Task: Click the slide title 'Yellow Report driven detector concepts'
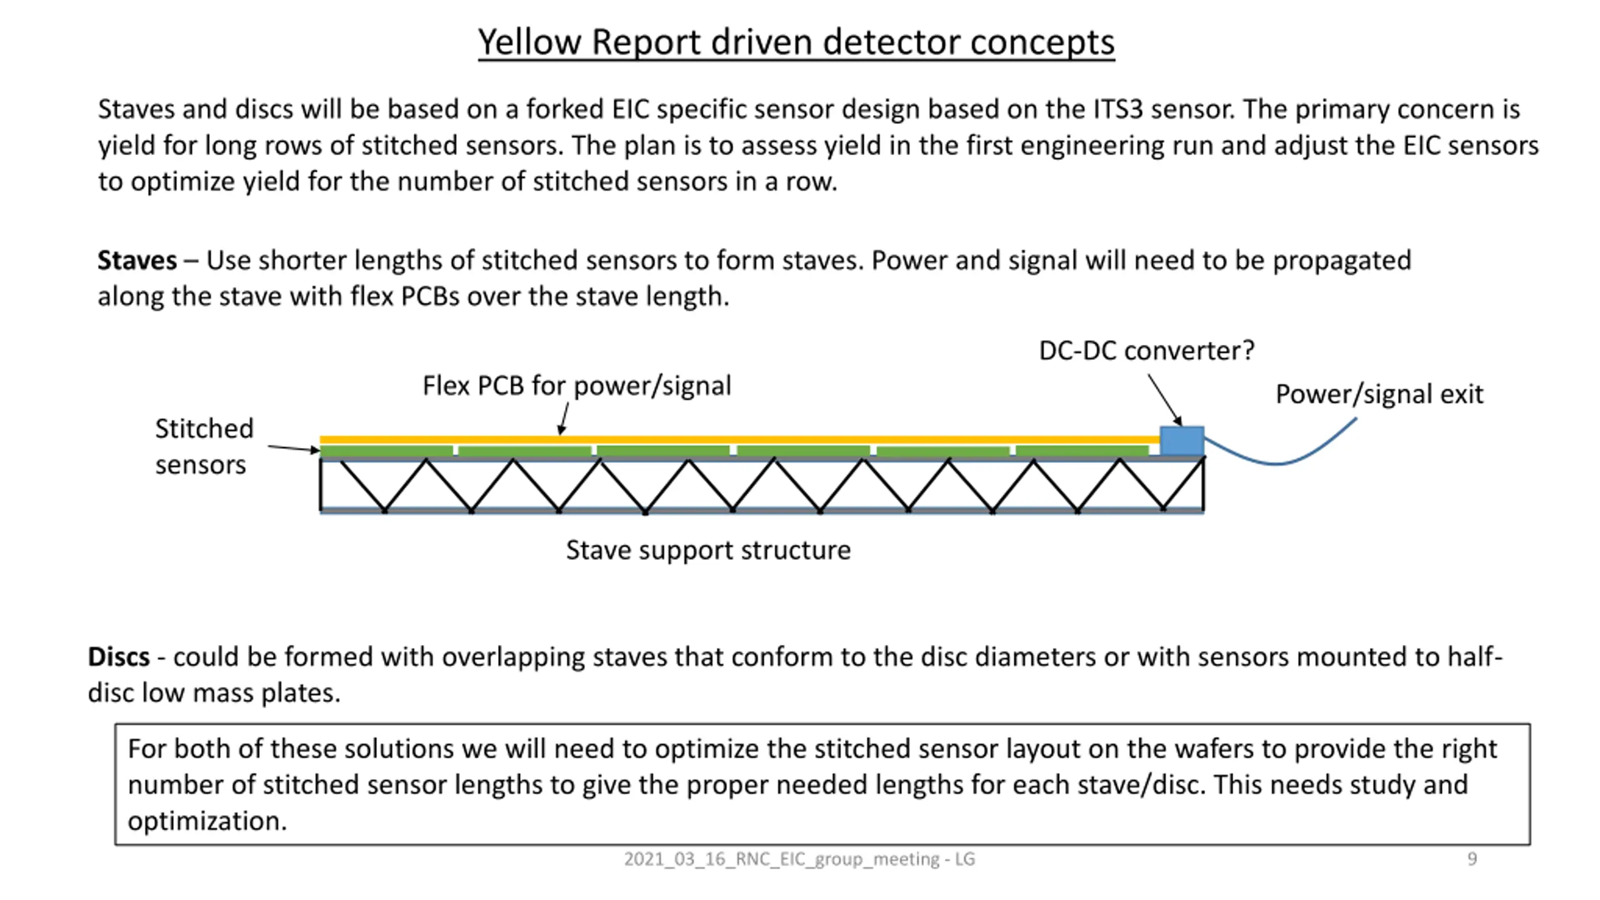[x=796, y=42]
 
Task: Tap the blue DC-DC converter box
[x=1182, y=441]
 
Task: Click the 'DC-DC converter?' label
[x=1146, y=351]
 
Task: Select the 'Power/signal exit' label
[x=1379, y=394]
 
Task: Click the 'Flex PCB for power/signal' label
[x=576, y=386]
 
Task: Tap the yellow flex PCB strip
[x=740, y=440]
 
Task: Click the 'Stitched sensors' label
[x=204, y=446]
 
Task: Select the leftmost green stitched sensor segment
[x=386, y=451]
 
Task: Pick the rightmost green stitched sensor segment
[x=1082, y=451]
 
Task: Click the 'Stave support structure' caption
[x=708, y=550]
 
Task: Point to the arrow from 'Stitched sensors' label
[x=294, y=448]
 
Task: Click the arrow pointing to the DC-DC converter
[x=1165, y=400]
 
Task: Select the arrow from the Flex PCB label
[x=564, y=419]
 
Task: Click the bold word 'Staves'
[x=137, y=260]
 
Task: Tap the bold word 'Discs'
[x=119, y=657]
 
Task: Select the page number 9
[x=1472, y=859]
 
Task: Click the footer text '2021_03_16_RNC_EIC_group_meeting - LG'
[x=799, y=859]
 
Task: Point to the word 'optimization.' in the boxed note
[x=207, y=821]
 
